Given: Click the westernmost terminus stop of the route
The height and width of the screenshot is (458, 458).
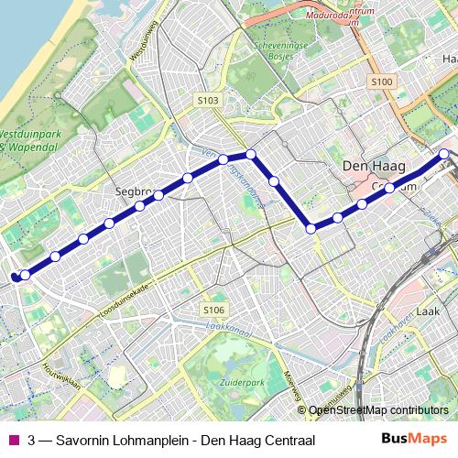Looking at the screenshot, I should coord(15,276).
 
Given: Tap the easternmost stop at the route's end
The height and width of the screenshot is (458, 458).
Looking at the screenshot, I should coord(444,155).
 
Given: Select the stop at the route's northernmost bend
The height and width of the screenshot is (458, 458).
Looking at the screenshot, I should coord(250,154).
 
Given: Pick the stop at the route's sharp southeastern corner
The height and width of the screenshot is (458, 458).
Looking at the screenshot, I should coord(311,228).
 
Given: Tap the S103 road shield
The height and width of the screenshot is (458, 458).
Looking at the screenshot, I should coord(208,100).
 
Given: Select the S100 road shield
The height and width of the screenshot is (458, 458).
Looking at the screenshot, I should coord(382,82).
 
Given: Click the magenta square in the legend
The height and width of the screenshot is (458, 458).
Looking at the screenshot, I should coord(13,441).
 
